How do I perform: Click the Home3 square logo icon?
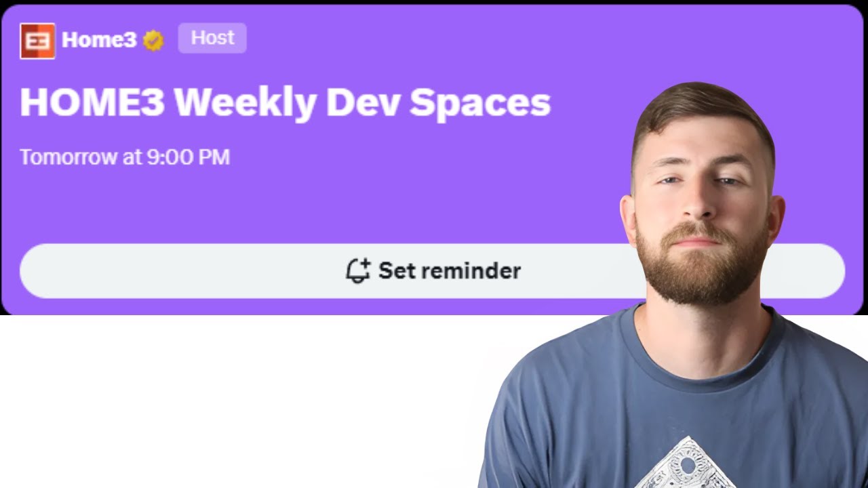click(37, 41)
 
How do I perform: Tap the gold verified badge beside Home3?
click(153, 41)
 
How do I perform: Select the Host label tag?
click(212, 38)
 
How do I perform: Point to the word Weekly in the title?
click(245, 103)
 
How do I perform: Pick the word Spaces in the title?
click(480, 103)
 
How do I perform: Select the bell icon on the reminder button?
click(357, 270)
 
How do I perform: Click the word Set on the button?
click(396, 270)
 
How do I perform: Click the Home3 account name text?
click(99, 41)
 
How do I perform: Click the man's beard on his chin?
click(702, 278)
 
